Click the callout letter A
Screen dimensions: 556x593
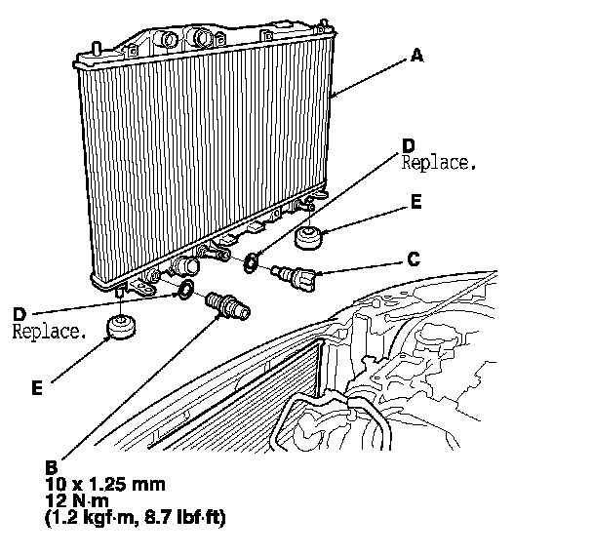(416, 56)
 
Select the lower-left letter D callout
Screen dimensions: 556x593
(19, 314)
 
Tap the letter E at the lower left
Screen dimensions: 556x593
(36, 387)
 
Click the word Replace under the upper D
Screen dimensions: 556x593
(439, 165)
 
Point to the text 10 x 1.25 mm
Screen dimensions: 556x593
(105, 484)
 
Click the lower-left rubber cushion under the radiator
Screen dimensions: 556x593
(123, 326)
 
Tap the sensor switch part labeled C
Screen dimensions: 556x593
(293, 276)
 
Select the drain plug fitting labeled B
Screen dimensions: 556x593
(226, 305)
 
